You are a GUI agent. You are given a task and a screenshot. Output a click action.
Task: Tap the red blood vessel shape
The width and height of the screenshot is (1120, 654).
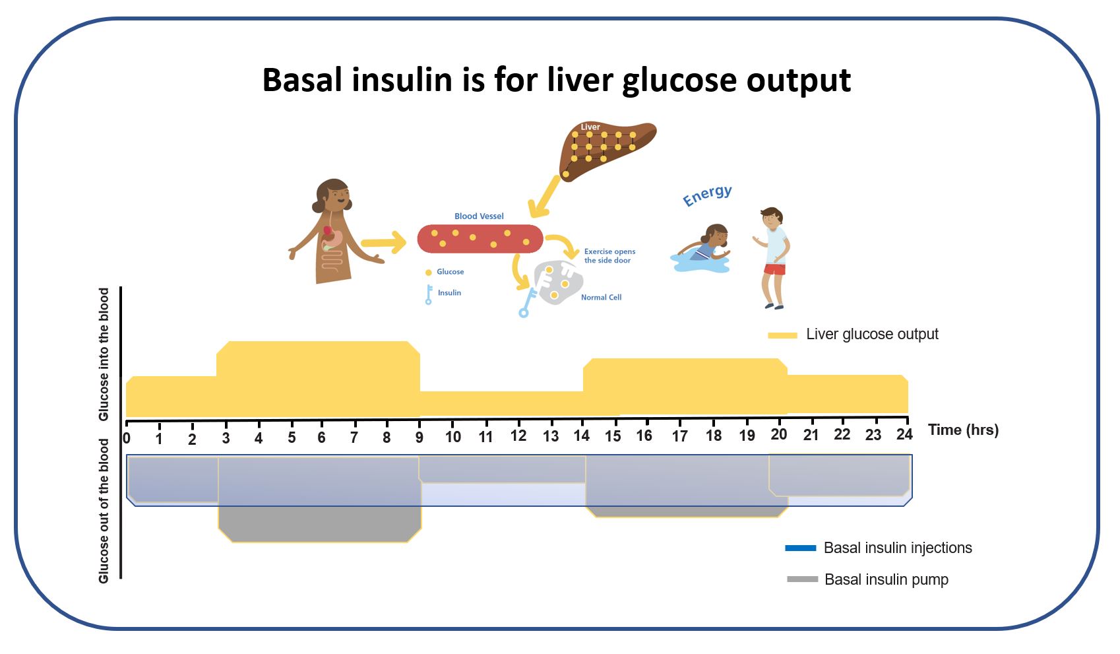point(480,239)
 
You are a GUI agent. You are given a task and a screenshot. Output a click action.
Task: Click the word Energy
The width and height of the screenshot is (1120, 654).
point(707,195)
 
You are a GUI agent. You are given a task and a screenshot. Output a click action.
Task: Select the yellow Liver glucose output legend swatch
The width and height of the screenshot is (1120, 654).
point(782,335)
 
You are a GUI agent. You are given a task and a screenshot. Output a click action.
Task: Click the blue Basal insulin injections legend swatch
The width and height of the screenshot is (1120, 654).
point(800,548)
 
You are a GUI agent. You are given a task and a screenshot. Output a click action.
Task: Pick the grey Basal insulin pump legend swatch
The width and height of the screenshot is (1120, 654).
point(802,579)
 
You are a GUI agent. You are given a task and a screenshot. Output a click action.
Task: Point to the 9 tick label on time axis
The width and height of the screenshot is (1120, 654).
point(420,437)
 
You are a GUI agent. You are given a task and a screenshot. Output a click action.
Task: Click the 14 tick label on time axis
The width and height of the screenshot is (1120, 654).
point(581,436)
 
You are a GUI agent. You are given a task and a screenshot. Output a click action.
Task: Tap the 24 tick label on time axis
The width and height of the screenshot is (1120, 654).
point(904,434)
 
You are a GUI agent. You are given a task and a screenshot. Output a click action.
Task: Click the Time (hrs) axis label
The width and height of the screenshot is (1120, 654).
point(963,430)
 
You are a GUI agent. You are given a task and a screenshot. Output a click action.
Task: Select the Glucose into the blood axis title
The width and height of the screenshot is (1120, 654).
point(104,354)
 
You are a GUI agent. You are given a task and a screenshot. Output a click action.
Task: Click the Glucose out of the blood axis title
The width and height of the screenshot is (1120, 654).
point(104,511)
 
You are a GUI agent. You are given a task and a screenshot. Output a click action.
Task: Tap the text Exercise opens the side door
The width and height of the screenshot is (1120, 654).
point(609,256)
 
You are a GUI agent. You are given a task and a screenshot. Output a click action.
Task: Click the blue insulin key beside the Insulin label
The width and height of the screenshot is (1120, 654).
point(429,294)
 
